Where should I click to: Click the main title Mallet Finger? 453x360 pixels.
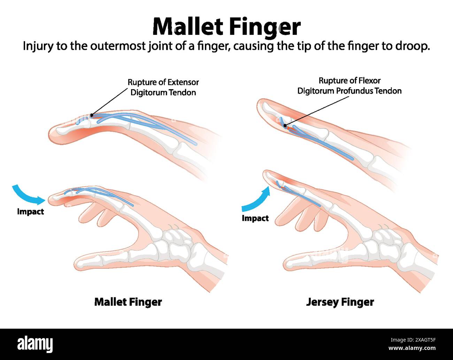click(x=227, y=27)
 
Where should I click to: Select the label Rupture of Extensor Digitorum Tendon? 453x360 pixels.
click(x=163, y=87)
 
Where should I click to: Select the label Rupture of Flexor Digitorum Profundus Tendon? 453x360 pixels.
click(x=349, y=86)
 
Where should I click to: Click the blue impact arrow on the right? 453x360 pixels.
click(x=256, y=200)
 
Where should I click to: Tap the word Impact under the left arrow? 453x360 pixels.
click(x=30, y=211)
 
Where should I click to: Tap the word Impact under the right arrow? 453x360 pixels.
click(x=255, y=218)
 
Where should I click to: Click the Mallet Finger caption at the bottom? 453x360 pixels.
click(x=128, y=302)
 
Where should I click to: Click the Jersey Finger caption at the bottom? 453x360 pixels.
click(x=340, y=302)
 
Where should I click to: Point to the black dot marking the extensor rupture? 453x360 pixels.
click(x=91, y=115)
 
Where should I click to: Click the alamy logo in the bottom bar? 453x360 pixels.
click(x=35, y=344)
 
